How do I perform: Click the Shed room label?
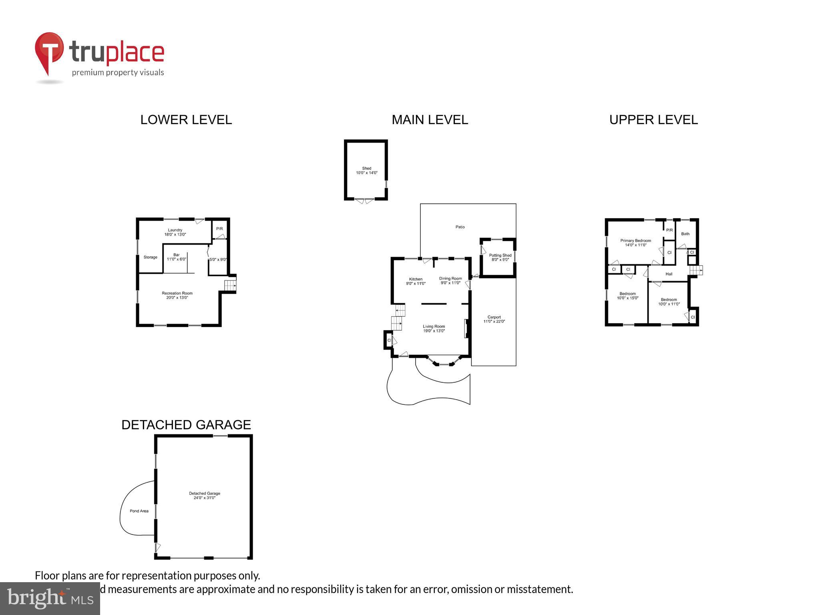tap(366, 168)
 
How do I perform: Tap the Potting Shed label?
tap(500, 255)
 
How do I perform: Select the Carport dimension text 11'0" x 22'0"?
tap(494, 322)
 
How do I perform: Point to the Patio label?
tap(460, 227)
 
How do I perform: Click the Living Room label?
tap(434, 326)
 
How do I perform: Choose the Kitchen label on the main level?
tap(416, 279)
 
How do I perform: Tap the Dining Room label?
tap(450, 278)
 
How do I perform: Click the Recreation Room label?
tap(177, 293)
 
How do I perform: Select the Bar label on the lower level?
tap(176, 255)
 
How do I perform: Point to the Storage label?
tap(151, 257)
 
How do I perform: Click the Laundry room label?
tap(175, 230)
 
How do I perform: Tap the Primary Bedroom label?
tap(635, 241)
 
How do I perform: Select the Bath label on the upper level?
tap(685, 234)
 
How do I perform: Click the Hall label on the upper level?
tap(669, 274)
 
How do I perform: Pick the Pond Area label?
tap(139, 511)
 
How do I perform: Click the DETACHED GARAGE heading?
tap(186, 425)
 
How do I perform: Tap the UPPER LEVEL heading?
tap(653, 120)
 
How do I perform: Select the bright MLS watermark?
tap(50, 598)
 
